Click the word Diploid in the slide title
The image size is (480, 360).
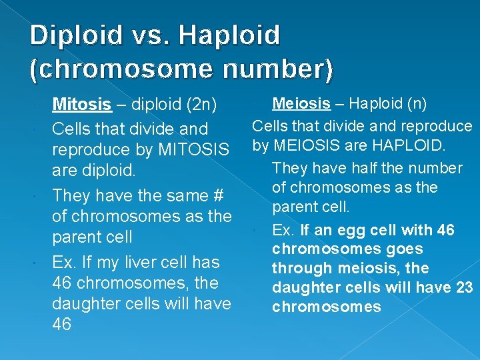click(x=77, y=35)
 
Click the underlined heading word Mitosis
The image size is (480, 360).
click(x=81, y=105)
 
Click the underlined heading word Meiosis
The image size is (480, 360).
click(x=301, y=103)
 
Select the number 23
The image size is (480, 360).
click(x=464, y=287)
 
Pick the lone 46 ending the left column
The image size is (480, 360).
click(x=62, y=325)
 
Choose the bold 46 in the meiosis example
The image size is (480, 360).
click(x=445, y=231)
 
